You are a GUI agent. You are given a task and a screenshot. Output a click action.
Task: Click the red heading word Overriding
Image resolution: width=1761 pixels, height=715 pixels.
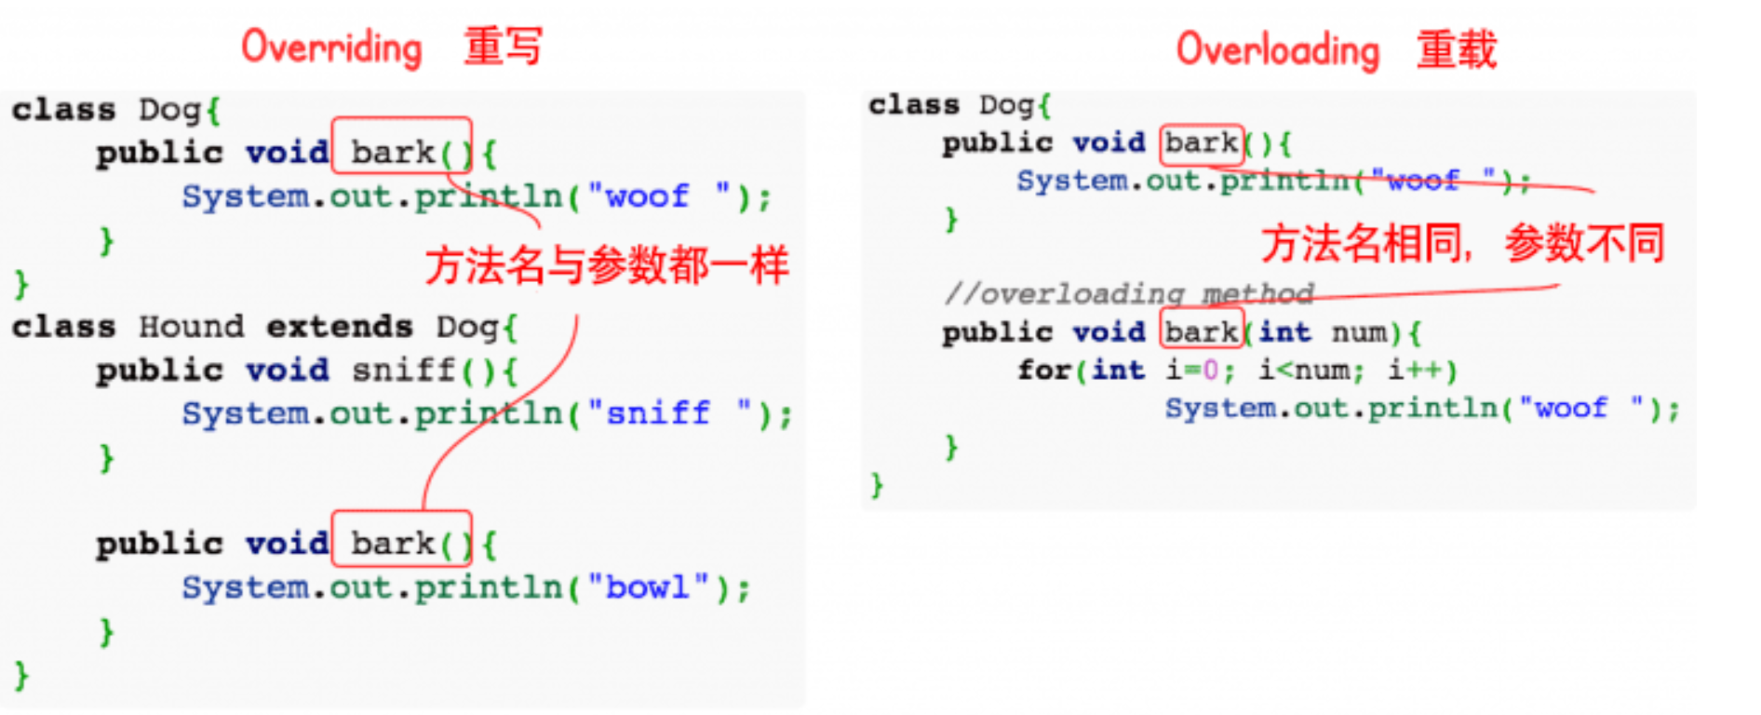[331, 47]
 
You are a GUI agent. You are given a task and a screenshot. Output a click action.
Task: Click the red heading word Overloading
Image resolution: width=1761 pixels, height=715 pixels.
[1277, 49]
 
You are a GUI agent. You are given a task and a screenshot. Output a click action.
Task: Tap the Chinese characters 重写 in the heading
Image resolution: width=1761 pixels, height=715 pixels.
[503, 47]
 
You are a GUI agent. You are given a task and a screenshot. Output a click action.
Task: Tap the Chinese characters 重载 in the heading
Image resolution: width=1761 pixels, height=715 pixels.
[1457, 49]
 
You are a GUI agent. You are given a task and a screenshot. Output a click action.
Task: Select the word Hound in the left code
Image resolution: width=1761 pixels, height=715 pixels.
[191, 327]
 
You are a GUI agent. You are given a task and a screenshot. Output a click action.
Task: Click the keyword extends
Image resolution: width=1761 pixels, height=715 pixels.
[340, 327]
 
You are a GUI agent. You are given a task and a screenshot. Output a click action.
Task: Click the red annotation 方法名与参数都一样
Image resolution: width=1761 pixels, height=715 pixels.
[607, 266]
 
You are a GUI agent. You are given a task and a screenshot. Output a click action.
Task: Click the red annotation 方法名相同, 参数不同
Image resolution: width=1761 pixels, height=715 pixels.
[1462, 244]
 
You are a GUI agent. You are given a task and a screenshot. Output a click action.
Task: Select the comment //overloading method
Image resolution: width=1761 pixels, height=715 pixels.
[1129, 294]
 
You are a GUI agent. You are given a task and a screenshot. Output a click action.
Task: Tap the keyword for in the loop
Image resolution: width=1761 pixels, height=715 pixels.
[1042, 371]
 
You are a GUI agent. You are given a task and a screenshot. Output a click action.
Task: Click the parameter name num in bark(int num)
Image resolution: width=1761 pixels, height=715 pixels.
[1361, 332]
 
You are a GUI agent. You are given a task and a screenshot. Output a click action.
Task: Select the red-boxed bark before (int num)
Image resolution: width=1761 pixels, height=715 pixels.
[1201, 331]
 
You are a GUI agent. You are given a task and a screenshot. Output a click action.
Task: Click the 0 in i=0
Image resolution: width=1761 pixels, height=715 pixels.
[1210, 371]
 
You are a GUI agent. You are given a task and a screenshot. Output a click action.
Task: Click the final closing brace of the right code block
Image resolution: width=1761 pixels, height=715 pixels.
[877, 485]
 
